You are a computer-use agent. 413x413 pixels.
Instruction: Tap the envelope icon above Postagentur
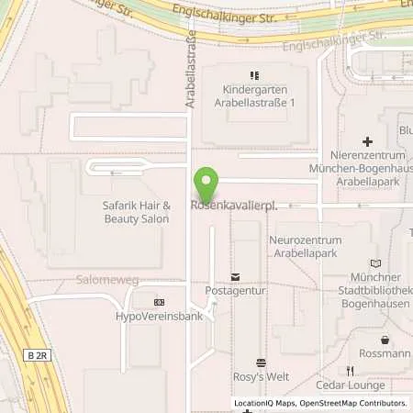point(235,276)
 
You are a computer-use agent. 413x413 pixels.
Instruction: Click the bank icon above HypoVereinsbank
point(159,302)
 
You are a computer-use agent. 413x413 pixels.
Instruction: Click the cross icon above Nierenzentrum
point(367,141)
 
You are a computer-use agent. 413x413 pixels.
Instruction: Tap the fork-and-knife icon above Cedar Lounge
point(350,371)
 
